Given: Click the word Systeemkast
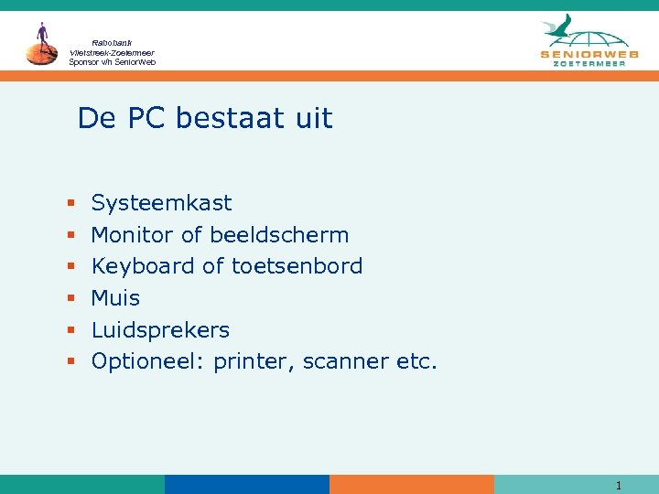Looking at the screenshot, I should pos(161,203).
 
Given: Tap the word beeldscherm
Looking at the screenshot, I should pos(279,235).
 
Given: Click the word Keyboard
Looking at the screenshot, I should pos(132,266).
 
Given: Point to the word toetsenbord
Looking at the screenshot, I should pos(297,266).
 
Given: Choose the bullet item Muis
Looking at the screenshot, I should pos(115,298).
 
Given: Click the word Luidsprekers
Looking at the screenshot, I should pos(160,329).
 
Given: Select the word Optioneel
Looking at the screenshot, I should pos(149,361).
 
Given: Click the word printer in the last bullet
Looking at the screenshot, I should pos(247,361).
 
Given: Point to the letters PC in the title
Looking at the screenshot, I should pos(147,118).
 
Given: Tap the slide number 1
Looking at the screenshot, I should pos(619,486).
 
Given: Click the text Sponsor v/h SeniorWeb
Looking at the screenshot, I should pos(112,62).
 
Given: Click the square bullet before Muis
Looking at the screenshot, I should pos(70,298).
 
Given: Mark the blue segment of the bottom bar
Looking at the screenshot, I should pos(247,484).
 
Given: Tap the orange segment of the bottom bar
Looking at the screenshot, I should pos(412,484).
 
